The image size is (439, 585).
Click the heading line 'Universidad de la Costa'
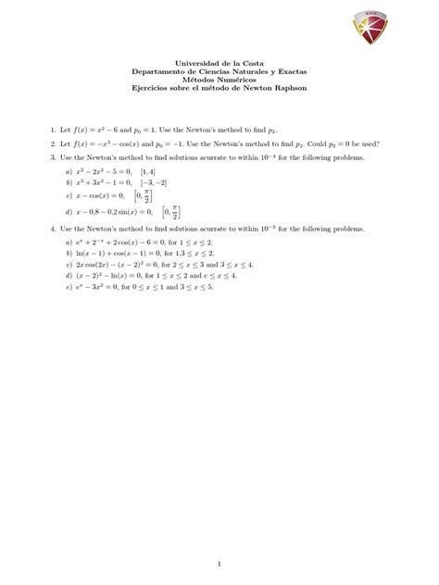(x=219, y=62)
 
